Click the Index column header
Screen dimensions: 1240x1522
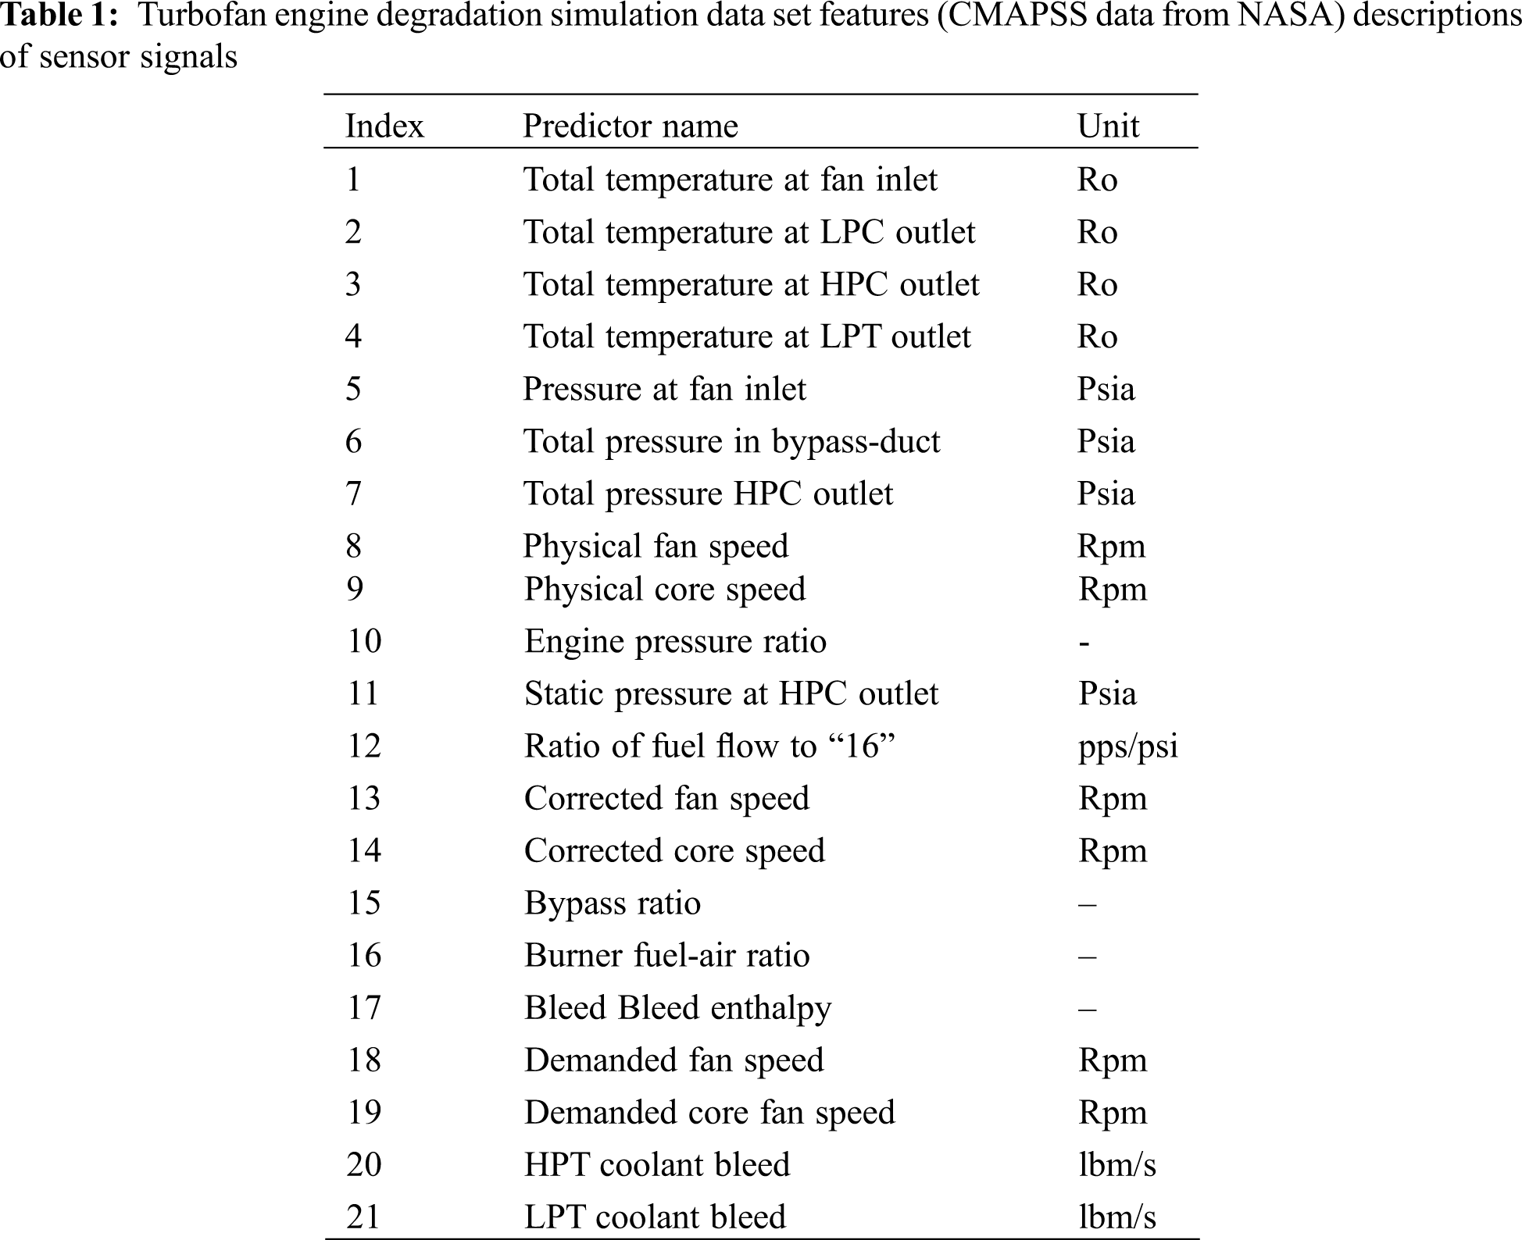(384, 126)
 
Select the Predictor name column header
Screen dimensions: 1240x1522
(630, 126)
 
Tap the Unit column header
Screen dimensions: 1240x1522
(1108, 126)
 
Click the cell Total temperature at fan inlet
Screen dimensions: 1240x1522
(730, 180)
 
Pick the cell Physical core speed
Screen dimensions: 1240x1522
(664, 589)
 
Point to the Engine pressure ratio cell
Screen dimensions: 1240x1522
(675, 641)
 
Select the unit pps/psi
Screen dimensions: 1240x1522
(1127, 746)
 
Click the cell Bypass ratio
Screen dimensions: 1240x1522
(613, 903)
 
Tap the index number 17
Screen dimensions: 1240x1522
(364, 1007)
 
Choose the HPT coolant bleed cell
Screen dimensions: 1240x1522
(657, 1164)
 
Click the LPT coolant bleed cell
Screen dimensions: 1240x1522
(655, 1217)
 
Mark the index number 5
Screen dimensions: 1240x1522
(354, 389)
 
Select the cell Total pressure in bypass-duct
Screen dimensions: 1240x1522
(731, 441)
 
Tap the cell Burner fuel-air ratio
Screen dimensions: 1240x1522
(666, 955)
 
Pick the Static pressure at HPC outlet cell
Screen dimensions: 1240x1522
(731, 693)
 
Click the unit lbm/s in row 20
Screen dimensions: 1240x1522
(1116, 1164)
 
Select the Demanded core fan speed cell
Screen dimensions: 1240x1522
(709, 1112)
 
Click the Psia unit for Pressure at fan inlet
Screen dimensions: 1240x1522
(1106, 389)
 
